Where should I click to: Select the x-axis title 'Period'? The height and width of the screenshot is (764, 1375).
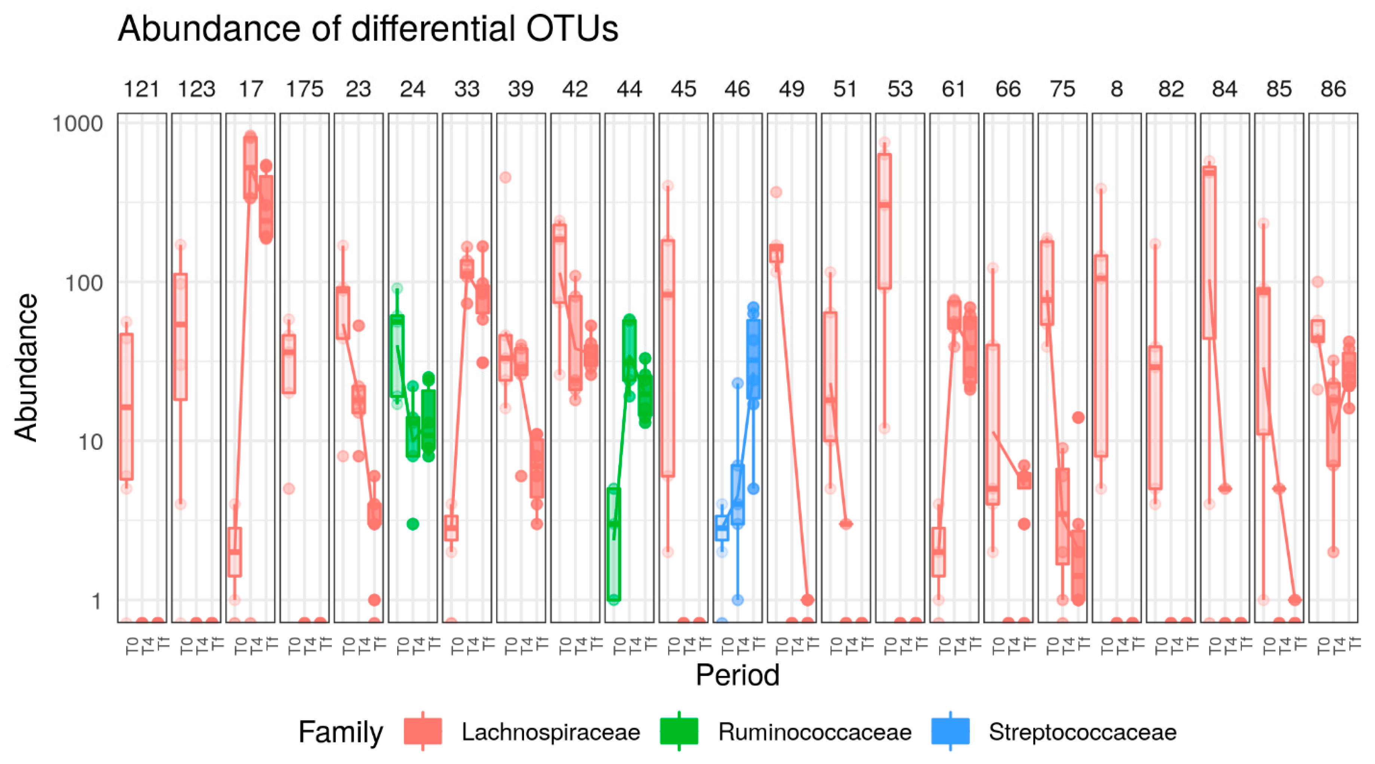[x=737, y=675]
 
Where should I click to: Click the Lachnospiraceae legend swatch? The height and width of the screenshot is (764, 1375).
[x=423, y=731]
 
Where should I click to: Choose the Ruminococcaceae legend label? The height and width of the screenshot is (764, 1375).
[x=815, y=732]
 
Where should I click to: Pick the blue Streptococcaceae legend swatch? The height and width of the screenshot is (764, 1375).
[x=950, y=731]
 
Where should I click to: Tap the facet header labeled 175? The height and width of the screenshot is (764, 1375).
[x=304, y=89]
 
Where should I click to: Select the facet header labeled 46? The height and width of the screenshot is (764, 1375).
[x=737, y=89]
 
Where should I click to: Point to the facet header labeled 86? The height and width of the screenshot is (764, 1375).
[x=1333, y=89]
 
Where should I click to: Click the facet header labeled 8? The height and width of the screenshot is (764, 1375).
[x=1117, y=89]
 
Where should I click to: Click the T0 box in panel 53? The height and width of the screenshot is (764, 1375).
[x=885, y=221]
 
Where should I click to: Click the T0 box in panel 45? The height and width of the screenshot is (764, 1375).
[x=668, y=358]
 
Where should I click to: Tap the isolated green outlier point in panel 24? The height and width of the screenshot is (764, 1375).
[x=413, y=524]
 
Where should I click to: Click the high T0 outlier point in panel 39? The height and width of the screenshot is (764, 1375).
[x=505, y=177]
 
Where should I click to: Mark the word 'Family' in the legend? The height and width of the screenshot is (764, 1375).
[x=340, y=732]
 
